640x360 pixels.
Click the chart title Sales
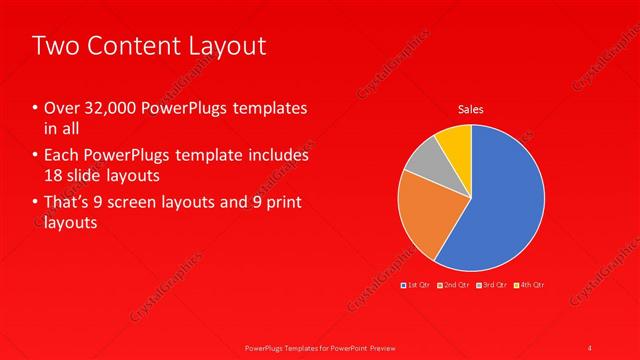pos(472,109)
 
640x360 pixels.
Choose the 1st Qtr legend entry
pos(417,285)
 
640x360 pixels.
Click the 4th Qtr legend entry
pos(531,285)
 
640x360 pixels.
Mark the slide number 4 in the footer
pos(591,347)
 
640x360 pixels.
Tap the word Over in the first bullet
pos(62,108)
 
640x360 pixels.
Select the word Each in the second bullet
pos(62,156)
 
